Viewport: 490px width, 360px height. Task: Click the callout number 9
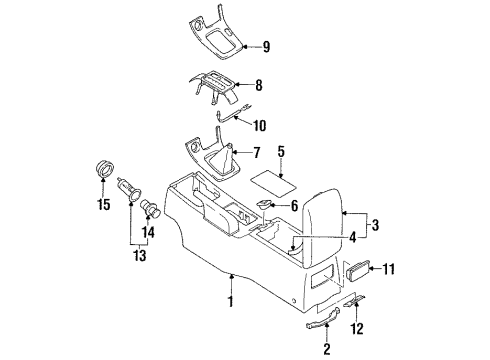266,47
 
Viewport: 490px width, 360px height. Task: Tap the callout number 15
104,204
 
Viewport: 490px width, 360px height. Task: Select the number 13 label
140,255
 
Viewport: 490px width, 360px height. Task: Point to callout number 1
230,301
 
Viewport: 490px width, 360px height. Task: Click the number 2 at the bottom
327,349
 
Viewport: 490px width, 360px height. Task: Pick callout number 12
357,328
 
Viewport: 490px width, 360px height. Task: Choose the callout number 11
388,269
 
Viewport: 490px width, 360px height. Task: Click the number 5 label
281,151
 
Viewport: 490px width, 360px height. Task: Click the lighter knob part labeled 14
152,208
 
